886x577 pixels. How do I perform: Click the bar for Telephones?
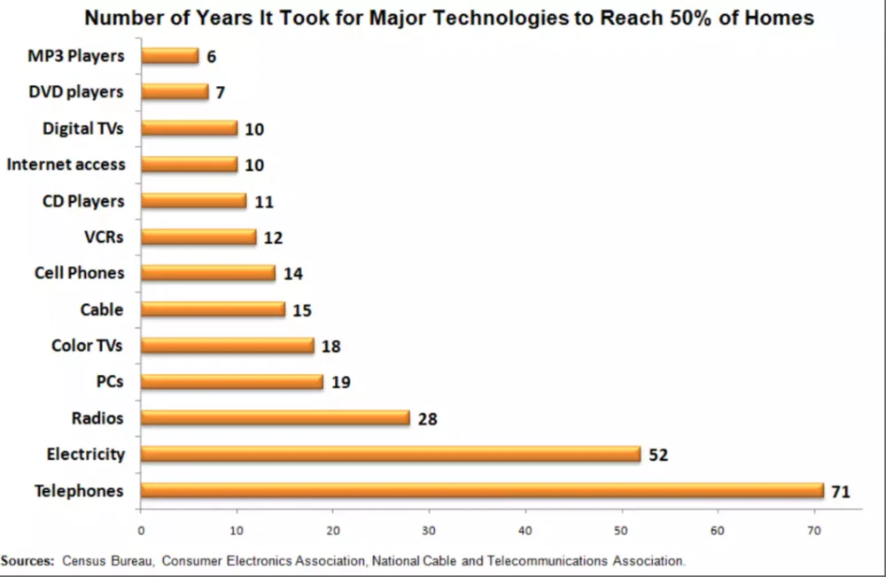[483, 490]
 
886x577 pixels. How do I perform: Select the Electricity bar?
[391, 454]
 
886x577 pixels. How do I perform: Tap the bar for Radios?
[276, 417]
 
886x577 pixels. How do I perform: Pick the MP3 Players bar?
[170, 56]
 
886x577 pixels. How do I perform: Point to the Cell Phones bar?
[208, 273]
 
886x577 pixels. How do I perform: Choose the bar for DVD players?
[175, 91]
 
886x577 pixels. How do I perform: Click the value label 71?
[841, 492]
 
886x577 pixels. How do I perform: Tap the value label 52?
[658, 455]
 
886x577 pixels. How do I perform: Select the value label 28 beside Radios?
[428, 418]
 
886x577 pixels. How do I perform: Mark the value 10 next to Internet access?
[254, 165]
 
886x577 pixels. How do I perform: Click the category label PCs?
[110, 381]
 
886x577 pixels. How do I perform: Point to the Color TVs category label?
[87, 346]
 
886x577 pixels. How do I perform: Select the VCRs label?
[104, 237]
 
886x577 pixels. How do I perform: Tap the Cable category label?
[102, 309]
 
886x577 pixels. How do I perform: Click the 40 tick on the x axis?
[525, 531]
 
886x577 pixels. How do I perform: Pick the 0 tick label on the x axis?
[141, 531]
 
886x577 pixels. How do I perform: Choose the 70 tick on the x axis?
[813, 531]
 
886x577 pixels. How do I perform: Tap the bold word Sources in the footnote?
[27, 561]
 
